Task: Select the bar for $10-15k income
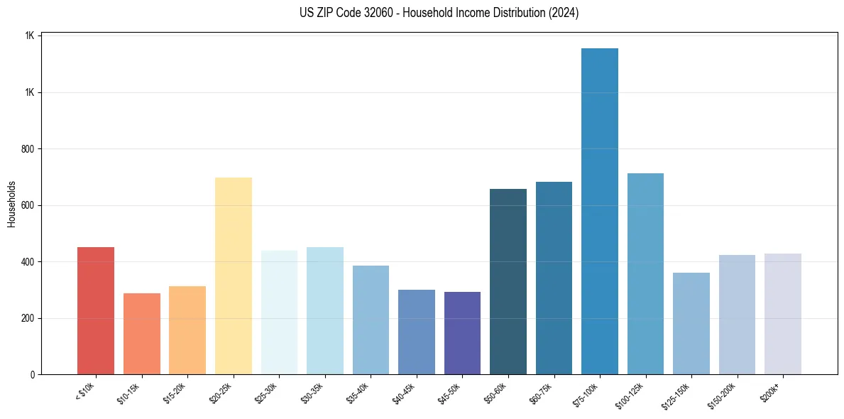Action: point(142,334)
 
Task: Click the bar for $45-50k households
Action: point(462,333)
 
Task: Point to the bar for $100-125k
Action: point(645,273)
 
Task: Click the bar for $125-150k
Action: point(691,323)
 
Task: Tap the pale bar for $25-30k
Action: point(279,312)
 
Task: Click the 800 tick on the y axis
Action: point(29,149)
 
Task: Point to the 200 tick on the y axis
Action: point(29,318)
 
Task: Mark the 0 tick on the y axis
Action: point(33,374)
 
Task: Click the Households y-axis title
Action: point(11,205)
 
